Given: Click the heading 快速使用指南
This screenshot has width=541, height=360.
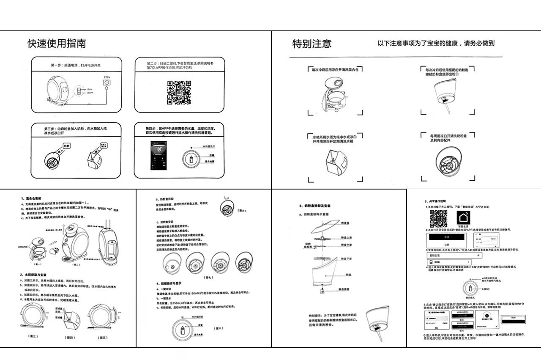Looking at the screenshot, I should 57,44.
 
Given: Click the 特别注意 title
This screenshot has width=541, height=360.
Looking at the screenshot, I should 312,44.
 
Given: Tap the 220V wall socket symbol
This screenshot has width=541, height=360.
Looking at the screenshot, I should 107,84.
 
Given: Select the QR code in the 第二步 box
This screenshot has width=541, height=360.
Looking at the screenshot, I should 179,92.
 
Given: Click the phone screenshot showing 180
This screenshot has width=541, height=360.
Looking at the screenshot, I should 159,156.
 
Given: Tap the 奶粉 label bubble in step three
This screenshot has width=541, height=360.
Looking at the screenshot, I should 66,146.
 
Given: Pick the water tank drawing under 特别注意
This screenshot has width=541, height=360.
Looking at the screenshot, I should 336,163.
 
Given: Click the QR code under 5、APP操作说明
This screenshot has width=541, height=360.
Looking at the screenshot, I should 438,218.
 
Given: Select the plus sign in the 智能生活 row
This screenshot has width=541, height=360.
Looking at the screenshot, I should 478,256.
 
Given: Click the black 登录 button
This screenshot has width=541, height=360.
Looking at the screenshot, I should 447,237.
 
